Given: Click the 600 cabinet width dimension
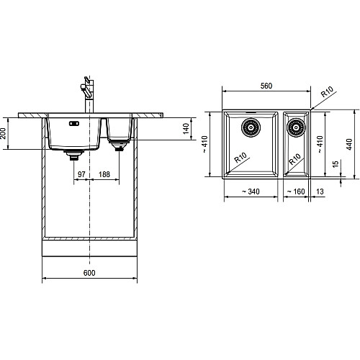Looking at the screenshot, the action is [x=89, y=273].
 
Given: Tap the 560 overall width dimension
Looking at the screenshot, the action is [x=266, y=86].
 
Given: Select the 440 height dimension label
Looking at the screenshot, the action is [x=349, y=144].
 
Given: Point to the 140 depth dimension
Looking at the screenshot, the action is [x=186, y=129].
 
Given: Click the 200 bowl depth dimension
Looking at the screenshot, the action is [x=3, y=133].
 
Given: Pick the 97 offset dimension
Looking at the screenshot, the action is [x=81, y=174].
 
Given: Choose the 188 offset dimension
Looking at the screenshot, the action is [x=104, y=174].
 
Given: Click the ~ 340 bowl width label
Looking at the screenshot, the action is [x=251, y=192].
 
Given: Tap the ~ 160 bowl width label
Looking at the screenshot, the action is [x=296, y=192].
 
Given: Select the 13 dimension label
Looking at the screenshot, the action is [x=320, y=192].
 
